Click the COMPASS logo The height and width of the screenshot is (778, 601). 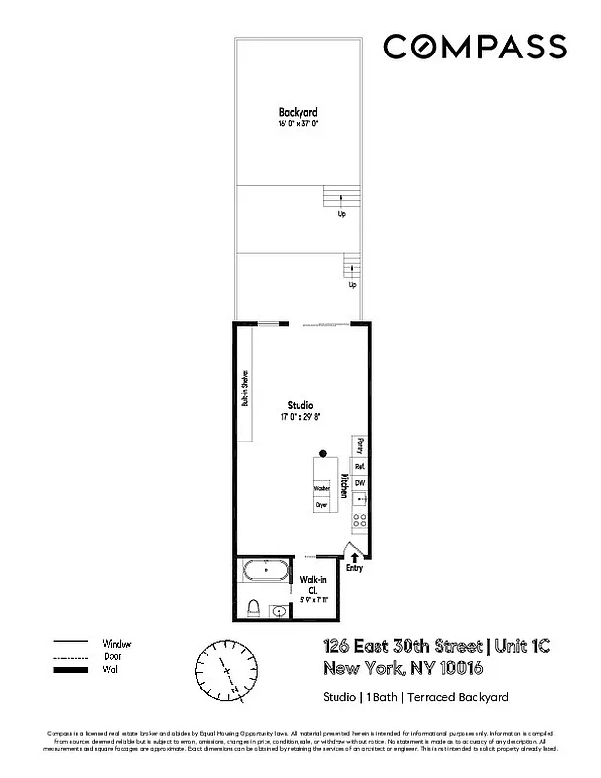(474, 46)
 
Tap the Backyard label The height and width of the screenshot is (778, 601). (299, 113)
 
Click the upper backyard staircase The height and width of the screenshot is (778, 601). (336, 197)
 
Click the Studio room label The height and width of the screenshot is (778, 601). (300, 405)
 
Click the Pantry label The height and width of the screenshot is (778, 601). (360, 446)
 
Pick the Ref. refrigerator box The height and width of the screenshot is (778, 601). (359, 467)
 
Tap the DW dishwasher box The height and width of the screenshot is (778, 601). (359, 483)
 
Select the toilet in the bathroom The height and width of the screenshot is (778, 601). (253, 609)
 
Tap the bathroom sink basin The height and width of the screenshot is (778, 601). (280, 612)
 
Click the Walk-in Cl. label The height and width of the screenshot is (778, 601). (313, 586)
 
